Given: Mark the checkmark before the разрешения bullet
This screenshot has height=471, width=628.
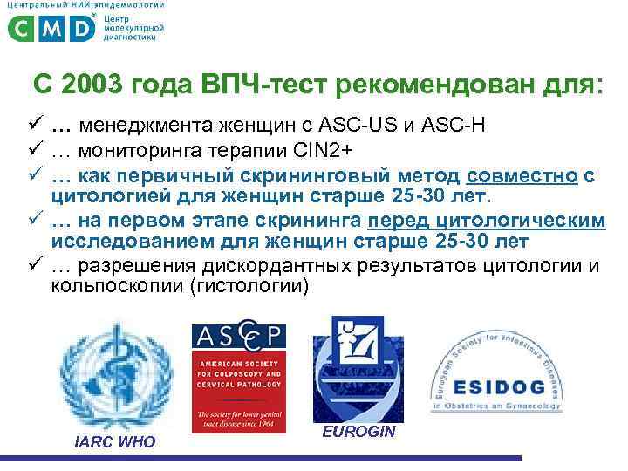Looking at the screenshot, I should point(35,266).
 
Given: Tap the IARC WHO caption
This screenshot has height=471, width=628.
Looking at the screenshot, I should point(115,442).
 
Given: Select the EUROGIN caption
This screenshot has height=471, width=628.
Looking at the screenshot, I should point(358,432).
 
